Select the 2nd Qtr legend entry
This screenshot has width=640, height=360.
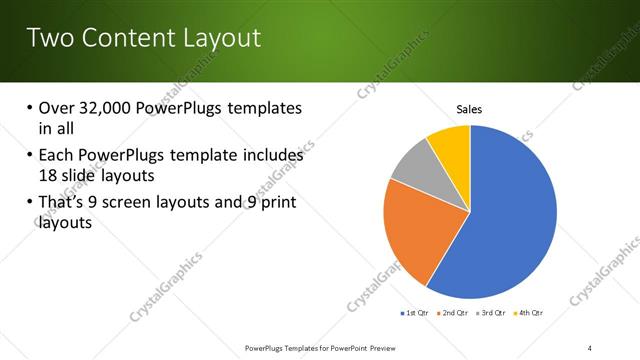coord(456,313)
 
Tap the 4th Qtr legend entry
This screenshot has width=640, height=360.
coord(530,313)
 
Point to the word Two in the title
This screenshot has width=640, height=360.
coord(51,39)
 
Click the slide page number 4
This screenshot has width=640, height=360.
coord(590,347)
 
